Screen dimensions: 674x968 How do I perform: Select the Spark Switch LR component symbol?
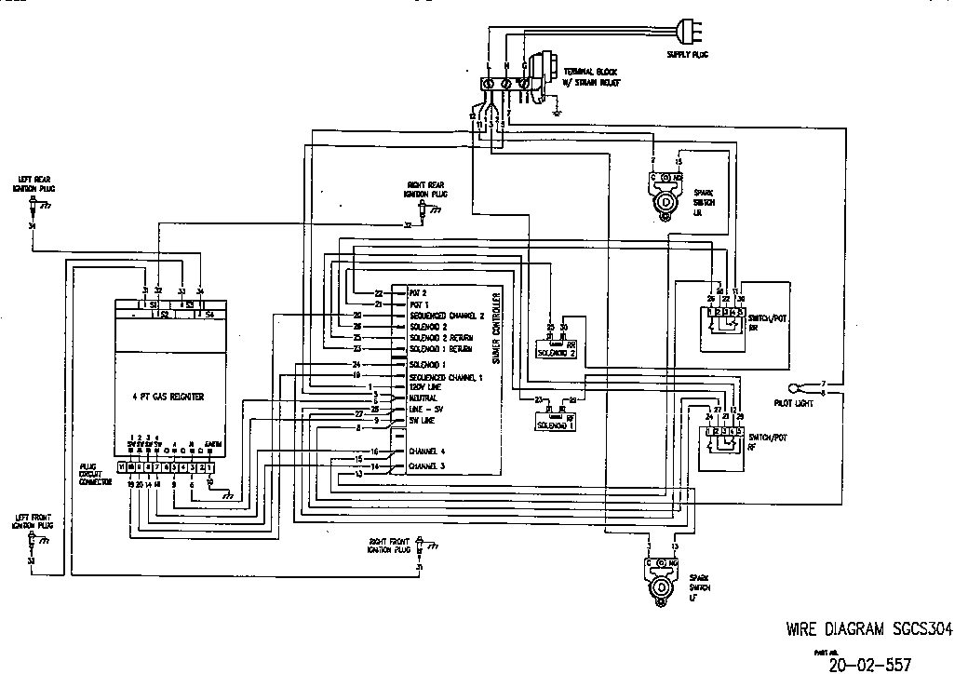tap(665, 196)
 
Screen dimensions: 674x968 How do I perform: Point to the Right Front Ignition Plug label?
tap(389, 546)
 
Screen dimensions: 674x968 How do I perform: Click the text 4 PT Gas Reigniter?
tap(168, 397)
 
